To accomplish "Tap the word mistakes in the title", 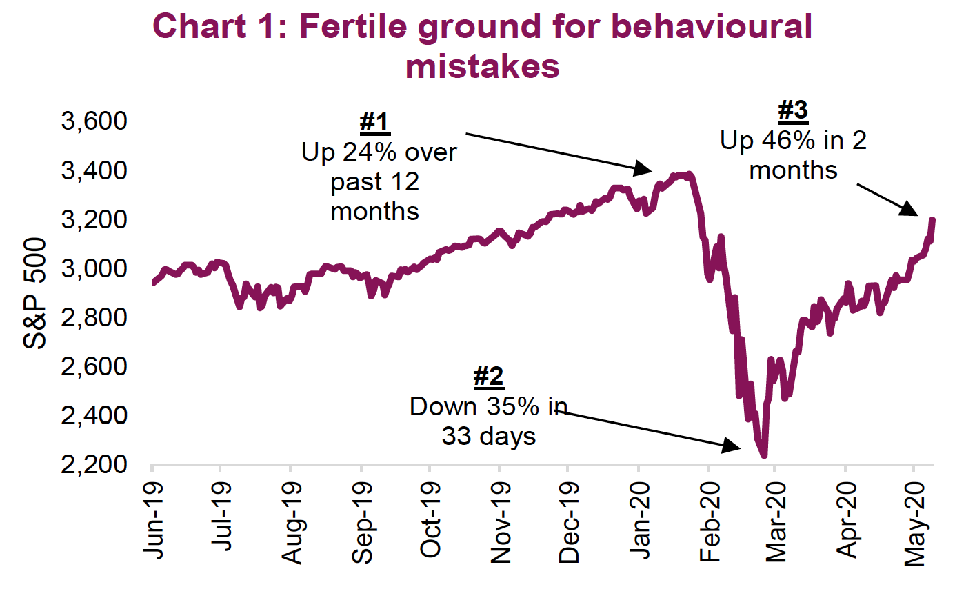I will click(x=483, y=67).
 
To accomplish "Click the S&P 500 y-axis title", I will click(x=35, y=292).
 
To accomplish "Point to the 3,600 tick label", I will click(x=94, y=121).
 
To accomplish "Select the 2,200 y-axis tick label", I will click(x=94, y=464).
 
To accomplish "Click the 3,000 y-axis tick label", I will click(x=94, y=268).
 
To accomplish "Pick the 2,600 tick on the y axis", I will click(x=94, y=366).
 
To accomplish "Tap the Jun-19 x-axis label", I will click(x=154, y=520).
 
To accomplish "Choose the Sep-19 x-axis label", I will click(x=363, y=522).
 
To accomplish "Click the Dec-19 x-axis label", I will click(x=570, y=522).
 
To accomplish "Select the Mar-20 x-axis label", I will click(x=776, y=522).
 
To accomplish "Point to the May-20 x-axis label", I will click(x=916, y=524).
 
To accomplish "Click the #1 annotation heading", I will click(x=374, y=123).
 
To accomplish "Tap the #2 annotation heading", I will click(x=488, y=377).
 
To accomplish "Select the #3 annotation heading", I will click(x=793, y=110).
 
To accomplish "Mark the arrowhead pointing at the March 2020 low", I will click(x=732, y=446).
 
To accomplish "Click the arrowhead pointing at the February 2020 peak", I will click(x=644, y=168).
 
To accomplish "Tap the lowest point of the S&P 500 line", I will click(x=763, y=455).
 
